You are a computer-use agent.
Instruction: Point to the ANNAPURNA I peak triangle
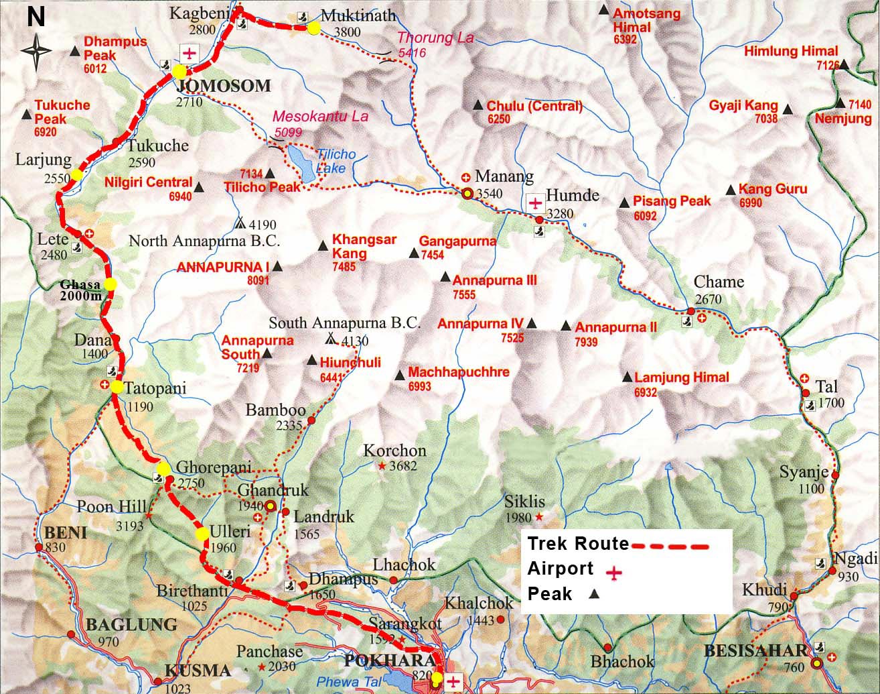[277, 266]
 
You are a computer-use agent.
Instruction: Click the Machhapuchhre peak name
[459, 372]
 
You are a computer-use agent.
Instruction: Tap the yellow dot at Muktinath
[313, 28]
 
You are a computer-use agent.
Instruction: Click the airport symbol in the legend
[613, 573]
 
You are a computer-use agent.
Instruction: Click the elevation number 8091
[258, 280]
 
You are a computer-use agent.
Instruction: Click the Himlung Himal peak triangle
[844, 65]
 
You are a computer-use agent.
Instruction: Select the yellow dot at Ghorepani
[164, 468]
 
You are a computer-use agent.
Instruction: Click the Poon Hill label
[104, 506]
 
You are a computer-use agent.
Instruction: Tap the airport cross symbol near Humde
[535, 202]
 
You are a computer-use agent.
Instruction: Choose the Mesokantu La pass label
[320, 117]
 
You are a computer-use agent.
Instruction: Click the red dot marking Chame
[690, 311]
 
